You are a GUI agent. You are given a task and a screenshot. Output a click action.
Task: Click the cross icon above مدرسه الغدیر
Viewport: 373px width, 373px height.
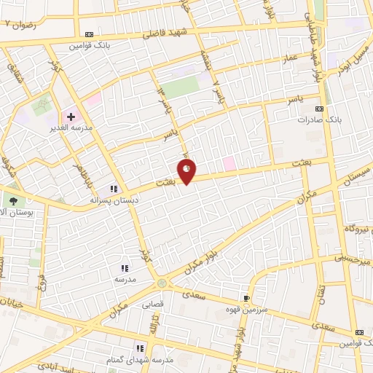[x=71, y=117]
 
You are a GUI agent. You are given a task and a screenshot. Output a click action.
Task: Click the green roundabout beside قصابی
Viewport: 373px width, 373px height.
[x=162, y=283]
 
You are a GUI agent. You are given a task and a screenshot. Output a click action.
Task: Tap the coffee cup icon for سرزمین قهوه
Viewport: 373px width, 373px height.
[x=246, y=298]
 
